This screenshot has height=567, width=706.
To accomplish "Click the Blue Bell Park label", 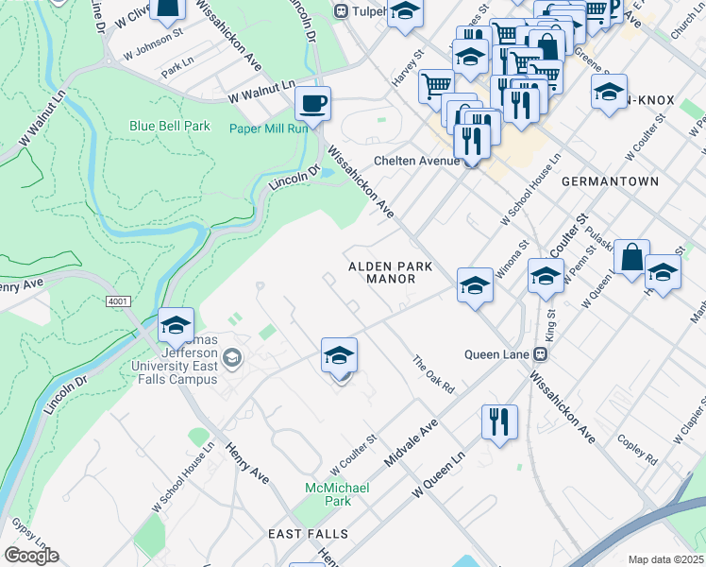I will click(x=170, y=126).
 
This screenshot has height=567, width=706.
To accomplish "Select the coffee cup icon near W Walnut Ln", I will click(x=312, y=102).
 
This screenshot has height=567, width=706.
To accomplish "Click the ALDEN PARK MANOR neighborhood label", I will click(x=390, y=273).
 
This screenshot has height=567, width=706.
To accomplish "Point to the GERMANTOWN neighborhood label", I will click(x=609, y=180).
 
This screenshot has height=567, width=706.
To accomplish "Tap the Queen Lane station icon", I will click(x=541, y=354).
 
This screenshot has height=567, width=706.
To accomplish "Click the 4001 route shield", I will click(x=117, y=301).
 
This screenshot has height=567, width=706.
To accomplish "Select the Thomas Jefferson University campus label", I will click(x=170, y=359).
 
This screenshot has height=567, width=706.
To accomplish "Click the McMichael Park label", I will click(x=337, y=493).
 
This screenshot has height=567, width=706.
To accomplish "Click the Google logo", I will click(x=31, y=555).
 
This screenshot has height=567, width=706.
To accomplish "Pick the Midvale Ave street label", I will click(x=412, y=442).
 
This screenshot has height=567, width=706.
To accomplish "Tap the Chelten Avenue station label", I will click(x=415, y=161).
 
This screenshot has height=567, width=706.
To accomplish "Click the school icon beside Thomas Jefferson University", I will click(x=176, y=325).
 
